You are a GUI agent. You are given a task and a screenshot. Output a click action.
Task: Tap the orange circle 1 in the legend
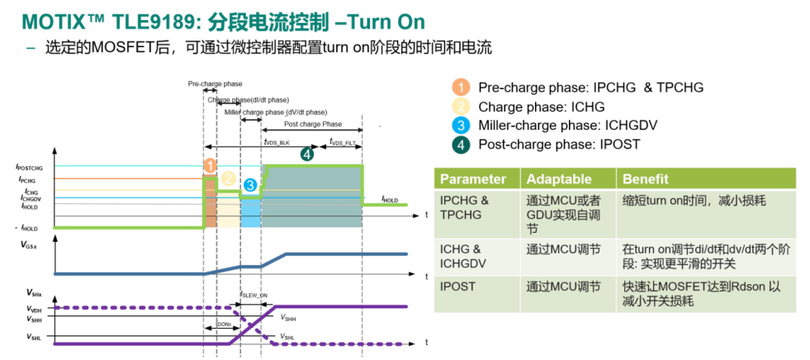point(459,87)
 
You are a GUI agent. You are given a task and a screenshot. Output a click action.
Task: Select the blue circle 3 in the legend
point(459,126)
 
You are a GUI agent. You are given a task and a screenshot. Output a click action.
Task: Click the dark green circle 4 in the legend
point(459,144)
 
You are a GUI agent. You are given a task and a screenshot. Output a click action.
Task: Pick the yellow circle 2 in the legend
point(459,107)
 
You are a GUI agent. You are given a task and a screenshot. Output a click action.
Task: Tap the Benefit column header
point(644,179)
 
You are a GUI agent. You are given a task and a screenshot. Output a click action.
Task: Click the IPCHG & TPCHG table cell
point(464,206)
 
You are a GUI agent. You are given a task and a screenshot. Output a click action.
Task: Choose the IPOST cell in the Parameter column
point(458,287)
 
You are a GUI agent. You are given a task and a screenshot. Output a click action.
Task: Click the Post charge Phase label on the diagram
point(312,125)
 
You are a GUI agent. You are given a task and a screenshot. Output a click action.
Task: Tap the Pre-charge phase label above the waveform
point(215,84)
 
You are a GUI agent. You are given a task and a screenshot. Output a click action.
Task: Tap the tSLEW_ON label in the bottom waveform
point(253,295)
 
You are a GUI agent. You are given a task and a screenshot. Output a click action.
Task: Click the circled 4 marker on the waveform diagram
point(307,154)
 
